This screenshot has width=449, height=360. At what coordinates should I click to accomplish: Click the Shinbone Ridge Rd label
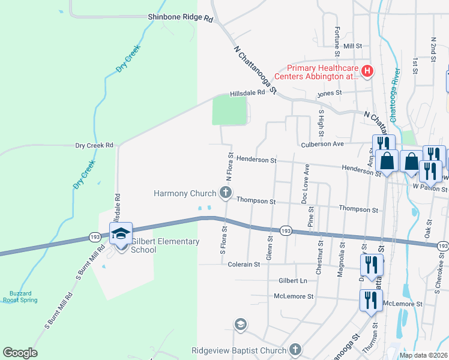tap(181, 19)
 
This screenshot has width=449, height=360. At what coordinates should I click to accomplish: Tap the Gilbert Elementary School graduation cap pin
tap(121, 233)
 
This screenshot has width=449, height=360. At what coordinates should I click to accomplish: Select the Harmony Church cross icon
tap(226, 193)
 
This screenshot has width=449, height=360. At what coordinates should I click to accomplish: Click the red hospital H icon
tap(368, 72)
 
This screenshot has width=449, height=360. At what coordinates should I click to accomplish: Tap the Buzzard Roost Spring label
tap(16, 297)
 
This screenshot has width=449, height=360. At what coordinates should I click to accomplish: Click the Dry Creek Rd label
tap(94, 145)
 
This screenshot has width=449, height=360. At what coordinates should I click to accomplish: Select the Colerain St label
tap(240, 264)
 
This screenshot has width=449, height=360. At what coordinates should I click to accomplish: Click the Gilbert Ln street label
tap(292, 281)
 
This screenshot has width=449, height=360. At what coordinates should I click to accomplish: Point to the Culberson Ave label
tap(322, 144)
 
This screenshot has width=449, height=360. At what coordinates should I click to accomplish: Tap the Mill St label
tap(353, 46)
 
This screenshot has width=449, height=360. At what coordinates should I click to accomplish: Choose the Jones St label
tap(330, 93)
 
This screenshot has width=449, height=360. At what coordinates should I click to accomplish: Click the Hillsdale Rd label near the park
tap(247, 94)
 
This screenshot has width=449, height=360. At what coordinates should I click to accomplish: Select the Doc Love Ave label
tap(305, 184)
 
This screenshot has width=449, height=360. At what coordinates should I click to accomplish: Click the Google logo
tap(20, 353)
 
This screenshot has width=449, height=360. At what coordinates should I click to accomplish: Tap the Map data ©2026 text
tap(423, 355)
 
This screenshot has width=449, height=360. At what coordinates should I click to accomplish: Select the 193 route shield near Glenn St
tap(286, 231)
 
